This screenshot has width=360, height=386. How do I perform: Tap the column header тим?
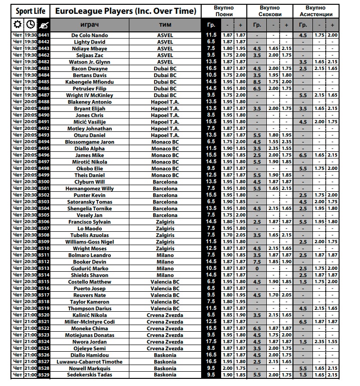click(165, 24)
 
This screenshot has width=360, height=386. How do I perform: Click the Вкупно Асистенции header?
click(316, 11)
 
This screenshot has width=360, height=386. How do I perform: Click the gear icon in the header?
click(18, 25)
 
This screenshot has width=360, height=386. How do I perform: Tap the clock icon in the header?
click(30, 25)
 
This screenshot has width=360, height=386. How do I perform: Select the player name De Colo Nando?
click(89, 35)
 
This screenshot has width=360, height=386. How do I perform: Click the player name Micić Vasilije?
click(89, 122)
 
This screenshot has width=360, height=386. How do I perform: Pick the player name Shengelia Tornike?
click(89, 208)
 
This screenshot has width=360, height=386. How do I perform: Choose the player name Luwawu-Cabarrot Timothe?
click(89, 362)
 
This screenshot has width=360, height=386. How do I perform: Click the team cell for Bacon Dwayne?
click(165, 69)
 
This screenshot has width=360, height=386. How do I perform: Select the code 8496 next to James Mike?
click(43, 155)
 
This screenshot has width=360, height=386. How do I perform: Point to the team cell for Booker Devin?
click(165, 262)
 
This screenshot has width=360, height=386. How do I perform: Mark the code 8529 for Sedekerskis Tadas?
click(43, 375)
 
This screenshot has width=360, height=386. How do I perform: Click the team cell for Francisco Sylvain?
click(165, 222)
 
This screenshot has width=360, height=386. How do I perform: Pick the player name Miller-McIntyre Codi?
click(89, 322)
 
